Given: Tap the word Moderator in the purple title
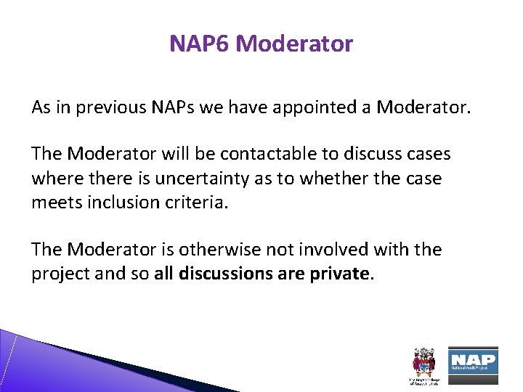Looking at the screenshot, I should (294, 44).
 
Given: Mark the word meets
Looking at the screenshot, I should (55, 203).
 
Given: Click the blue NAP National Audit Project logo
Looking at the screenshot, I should (472, 361).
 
